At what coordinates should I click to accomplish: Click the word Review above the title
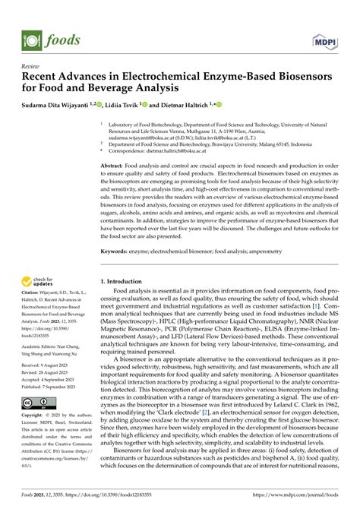tap(31, 66)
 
